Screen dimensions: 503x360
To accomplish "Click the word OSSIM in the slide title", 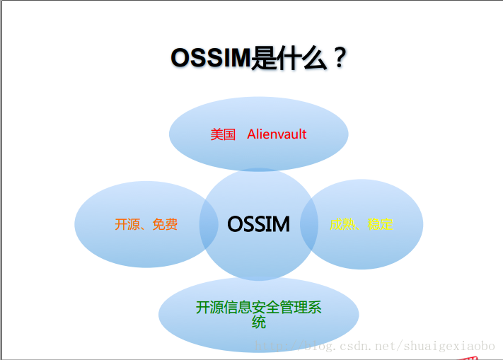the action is [210, 58].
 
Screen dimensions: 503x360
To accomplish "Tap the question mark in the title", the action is [340, 58].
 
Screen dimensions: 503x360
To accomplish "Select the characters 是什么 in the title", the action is [289, 58].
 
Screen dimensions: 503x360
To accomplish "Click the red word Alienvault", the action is [277, 134].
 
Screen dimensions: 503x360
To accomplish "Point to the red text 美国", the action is [223, 134].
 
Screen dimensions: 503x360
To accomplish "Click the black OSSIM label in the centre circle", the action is [258, 223].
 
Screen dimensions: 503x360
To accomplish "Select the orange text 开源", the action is [127, 224].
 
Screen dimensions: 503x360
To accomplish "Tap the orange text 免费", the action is [165, 224].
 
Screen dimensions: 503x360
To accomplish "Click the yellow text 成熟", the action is [342, 224].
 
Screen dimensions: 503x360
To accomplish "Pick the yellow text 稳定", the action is [381, 224].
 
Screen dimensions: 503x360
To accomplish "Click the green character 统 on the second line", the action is [258, 323].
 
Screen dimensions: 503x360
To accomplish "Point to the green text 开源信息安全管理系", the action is [258, 308].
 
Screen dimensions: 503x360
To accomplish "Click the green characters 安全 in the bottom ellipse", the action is [265, 308].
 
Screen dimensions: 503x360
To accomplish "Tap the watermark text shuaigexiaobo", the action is [449, 347].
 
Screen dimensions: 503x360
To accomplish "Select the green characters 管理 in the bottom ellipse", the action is [294, 308].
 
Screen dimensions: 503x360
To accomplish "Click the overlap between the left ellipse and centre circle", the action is [209, 224].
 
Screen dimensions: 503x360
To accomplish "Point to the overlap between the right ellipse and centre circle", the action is [309, 224].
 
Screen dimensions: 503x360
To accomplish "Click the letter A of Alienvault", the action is [251, 134].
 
